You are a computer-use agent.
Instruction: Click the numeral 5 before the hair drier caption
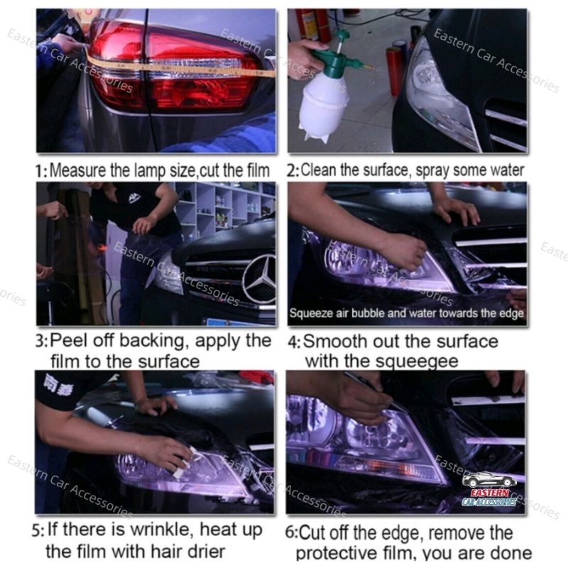(x=37, y=530)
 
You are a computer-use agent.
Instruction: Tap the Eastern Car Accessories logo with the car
(x=489, y=488)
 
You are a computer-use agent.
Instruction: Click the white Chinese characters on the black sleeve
(x=58, y=384)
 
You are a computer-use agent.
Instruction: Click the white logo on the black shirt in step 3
(x=134, y=198)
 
